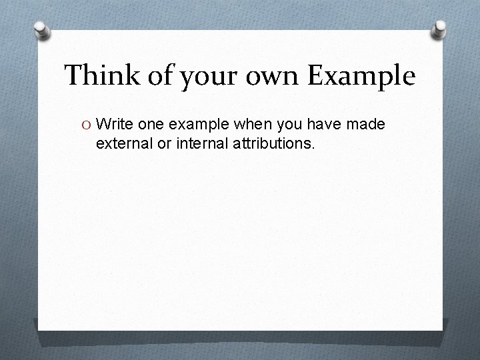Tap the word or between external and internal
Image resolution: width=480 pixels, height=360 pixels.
point(159,143)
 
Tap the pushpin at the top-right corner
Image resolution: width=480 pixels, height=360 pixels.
point(440,28)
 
